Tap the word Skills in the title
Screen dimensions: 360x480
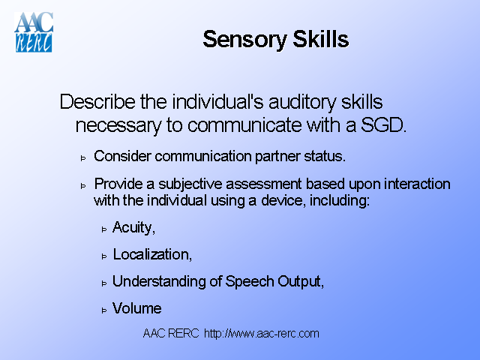coord(320,39)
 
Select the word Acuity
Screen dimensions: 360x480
coord(133,227)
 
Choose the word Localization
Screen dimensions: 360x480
coord(152,254)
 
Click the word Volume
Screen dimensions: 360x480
coord(136,308)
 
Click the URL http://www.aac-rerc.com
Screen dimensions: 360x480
coord(261,334)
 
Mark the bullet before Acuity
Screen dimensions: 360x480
coord(105,228)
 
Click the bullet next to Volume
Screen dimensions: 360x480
coord(105,309)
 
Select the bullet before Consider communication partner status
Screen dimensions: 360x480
coord(84,157)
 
